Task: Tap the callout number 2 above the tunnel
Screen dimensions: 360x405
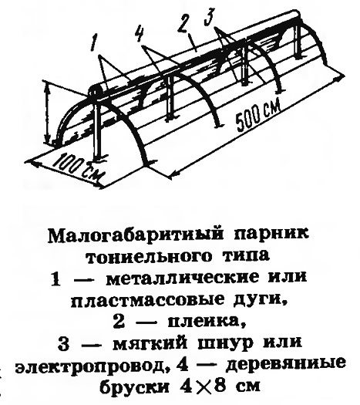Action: click(185, 25)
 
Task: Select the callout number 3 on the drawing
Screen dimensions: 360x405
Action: click(209, 17)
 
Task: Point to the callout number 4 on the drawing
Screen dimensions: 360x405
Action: click(139, 33)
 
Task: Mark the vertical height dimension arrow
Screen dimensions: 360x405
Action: click(47, 113)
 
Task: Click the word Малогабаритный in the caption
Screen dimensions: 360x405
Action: click(135, 235)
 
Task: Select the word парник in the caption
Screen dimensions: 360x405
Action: click(271, 235)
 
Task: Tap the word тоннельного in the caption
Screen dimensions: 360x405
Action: click(148, 256)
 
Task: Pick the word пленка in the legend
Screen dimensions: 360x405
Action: click(205, 323)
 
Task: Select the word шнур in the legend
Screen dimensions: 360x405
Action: click(224, 345)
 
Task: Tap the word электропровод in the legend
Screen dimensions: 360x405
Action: click(90, 366)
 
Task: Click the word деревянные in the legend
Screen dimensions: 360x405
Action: click(285, 365)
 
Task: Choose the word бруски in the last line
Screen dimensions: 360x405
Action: click(134, 387)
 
